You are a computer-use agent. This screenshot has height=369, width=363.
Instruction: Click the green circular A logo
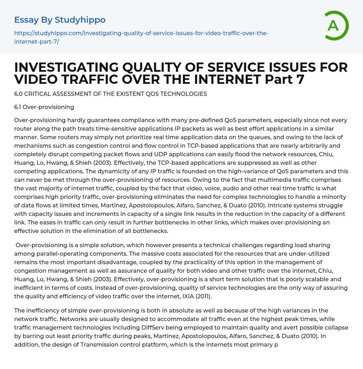(334, 26)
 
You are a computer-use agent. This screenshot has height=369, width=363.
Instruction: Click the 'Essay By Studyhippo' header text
(60, 20)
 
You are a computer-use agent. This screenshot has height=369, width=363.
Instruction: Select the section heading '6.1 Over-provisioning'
(44, 107)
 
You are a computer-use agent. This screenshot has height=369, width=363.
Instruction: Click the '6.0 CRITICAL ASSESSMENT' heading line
(111, 94)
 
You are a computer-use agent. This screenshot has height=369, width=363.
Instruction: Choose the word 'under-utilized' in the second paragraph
(309, 253)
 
